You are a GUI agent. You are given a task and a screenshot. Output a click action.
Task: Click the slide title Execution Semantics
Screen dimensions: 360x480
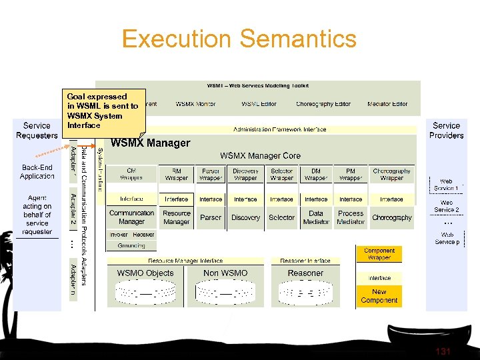[239, 39]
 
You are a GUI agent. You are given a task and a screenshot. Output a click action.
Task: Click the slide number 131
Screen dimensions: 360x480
[443, 351]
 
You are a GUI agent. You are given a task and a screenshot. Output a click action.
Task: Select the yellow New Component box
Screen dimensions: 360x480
[379, 296]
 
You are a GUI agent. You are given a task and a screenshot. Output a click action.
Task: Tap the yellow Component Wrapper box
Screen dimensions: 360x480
[379, 254]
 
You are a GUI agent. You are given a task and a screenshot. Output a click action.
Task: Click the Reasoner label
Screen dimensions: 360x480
[305, 273]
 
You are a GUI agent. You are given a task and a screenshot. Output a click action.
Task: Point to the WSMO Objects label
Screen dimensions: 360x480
[145, 273]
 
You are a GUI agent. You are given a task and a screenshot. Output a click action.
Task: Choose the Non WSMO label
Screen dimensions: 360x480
[225, 273]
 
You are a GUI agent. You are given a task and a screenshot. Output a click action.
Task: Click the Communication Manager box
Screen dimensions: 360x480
[131, 217]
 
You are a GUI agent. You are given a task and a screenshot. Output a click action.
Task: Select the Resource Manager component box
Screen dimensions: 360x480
[177, 217]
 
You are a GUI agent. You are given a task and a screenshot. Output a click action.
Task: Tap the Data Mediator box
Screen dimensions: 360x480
[316, 217]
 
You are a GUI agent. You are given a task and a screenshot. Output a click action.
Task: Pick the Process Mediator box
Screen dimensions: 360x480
[351, 217]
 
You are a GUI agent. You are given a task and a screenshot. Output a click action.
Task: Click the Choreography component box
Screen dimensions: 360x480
[392, 217]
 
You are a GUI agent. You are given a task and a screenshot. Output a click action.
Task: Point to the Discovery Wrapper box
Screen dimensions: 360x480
[245, 175]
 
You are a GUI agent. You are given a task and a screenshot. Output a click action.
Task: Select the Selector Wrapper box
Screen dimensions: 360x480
[281, 175]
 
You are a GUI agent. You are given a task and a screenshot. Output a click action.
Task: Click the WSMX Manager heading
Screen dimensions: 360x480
[150, 143]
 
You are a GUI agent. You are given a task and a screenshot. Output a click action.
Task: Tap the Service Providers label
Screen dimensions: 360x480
[446, 130]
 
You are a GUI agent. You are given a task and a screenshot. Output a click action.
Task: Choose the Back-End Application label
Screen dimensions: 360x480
[37, 171]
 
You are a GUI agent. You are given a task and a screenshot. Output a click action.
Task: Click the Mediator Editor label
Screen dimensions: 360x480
[387, 104]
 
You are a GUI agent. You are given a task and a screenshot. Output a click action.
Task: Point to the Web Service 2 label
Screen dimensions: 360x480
[447, 206]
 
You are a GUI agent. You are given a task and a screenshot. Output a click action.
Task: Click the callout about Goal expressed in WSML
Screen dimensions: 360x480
[103, 111]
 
